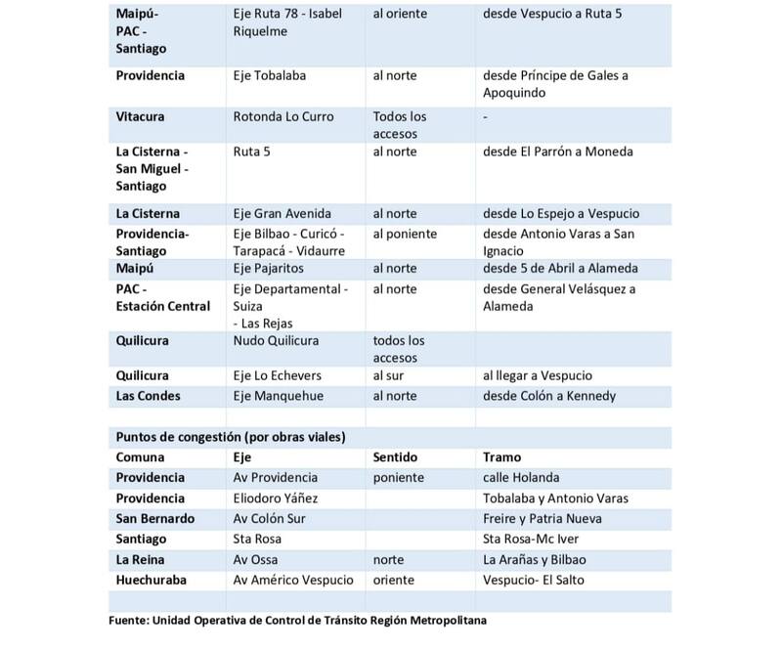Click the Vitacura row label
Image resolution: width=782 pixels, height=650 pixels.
(140, 116)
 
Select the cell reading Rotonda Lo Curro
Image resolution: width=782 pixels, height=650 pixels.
(283, 116)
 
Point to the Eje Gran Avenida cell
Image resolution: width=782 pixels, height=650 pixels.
(282, 214)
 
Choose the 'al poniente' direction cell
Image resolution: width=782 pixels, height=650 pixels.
(406, 234)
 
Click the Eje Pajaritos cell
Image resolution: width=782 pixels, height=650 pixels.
(269, 268)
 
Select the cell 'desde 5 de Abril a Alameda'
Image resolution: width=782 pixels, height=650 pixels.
(560, 268)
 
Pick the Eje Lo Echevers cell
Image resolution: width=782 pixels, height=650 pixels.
(278, 375)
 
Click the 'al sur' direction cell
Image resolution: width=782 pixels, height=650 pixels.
(391, 375)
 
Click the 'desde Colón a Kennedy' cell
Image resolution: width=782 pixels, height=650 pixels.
(549, 395)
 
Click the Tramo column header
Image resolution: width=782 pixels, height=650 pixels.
(502, 456)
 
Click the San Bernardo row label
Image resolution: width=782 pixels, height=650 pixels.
(154, 518)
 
